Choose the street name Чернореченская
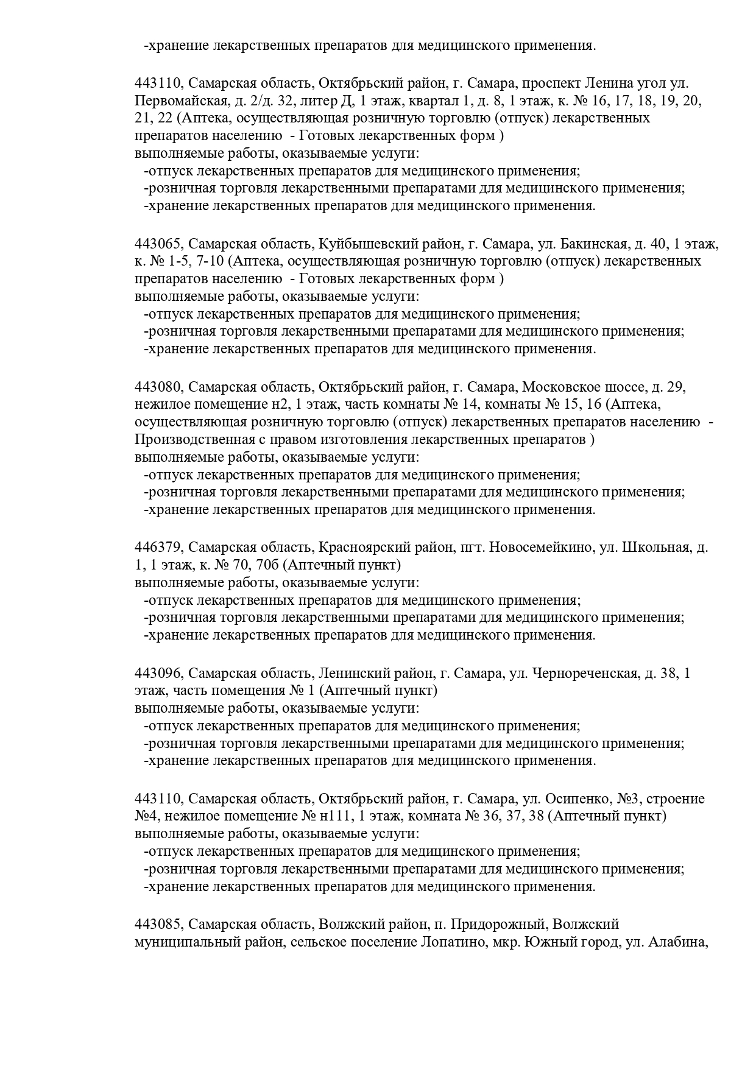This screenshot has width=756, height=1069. point(585,674)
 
